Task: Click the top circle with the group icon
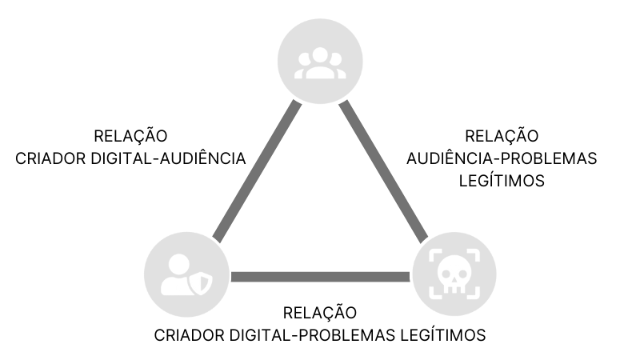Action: pos(320,61)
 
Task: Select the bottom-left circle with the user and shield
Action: pos(186,276)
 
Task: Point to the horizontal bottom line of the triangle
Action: pos(320,277)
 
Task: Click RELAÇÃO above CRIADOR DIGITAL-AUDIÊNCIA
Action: pos(130,136)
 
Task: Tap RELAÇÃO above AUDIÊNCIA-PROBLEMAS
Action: pos(502,136)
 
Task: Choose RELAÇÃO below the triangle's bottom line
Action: pos(320,312)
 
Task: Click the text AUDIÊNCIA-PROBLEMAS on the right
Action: pos(502,158)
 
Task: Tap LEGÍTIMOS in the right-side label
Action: pos(502,181)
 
